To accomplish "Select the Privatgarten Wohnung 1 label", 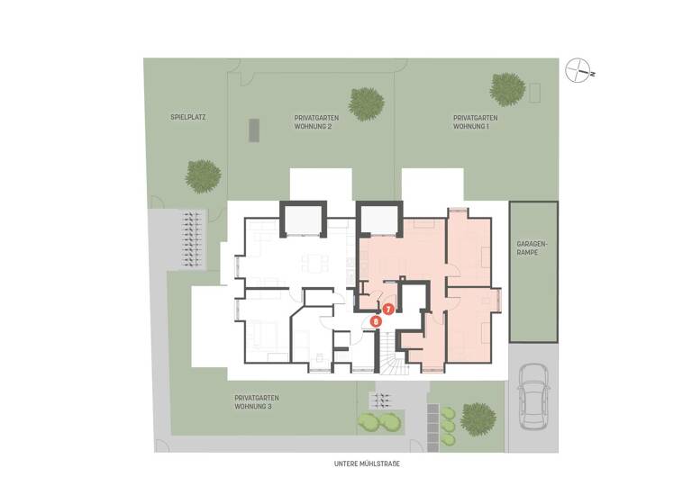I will (475, 122).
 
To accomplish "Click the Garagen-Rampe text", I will (533, 249).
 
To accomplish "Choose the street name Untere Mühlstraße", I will (366, 464).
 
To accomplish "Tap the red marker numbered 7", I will (388, 309).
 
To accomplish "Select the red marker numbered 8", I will (376, 320).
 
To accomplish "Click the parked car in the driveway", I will (533, 395).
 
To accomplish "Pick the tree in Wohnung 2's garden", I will (366, 103).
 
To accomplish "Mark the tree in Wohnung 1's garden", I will (507, 89).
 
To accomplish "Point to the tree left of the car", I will (478, 418).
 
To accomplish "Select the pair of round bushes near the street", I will (379, 421).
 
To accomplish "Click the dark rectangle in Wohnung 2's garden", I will (255, 130).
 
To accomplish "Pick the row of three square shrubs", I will (447, 426).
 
